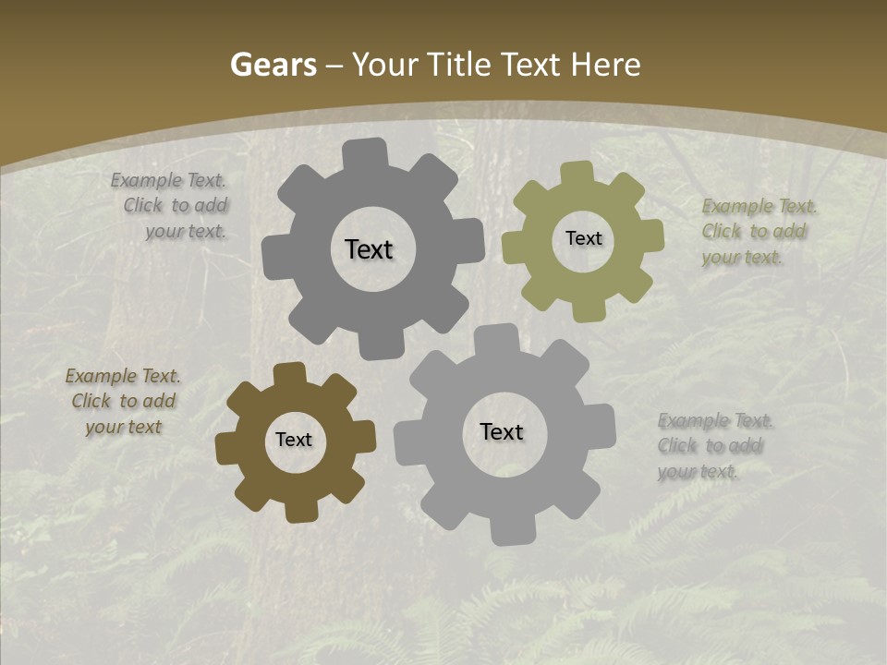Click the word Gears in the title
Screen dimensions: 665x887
(x=273, y=66)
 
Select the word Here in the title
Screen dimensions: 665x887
(x=605, y=66)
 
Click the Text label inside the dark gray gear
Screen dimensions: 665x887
(x=369, y=249)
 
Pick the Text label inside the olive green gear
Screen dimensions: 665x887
(x=583, y=238)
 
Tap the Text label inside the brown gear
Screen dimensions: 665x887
(x=294, y=440)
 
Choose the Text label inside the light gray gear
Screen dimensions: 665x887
(x=502, y=431)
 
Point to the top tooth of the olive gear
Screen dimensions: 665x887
(x=577, y=173)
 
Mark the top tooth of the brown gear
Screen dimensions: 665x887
(x=290, y=373)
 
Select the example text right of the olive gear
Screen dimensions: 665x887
(x=753, y=232)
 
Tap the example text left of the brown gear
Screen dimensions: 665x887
(x=123, y=401)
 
